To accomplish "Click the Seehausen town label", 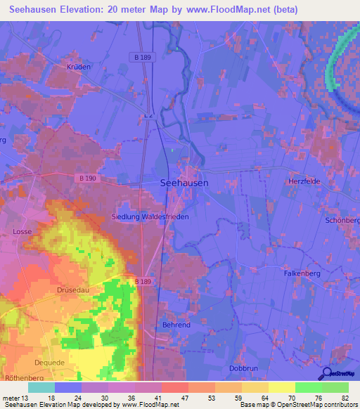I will click(x=184, y=182).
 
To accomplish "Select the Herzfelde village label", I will click(x=304, y=181).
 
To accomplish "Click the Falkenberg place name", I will click(x=302, y=273).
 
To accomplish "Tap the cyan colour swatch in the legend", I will click(x=41, y=387).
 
